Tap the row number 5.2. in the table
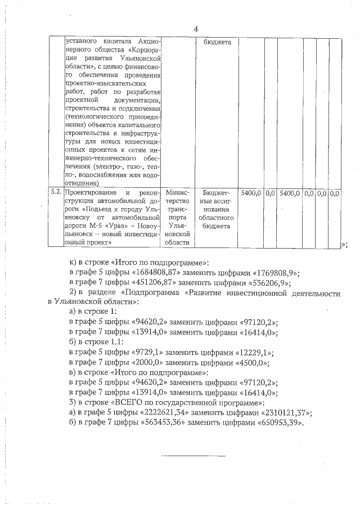click(x=56, y=193)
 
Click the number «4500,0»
click(x=250, y=363)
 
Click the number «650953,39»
click(x=278, y=424)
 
